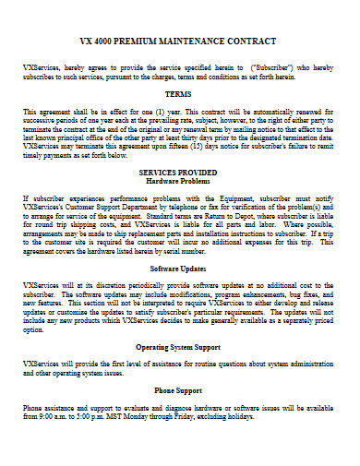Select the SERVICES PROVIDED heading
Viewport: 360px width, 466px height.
click(x=179, y=172)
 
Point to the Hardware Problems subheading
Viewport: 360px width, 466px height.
click(x=179, y=181)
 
